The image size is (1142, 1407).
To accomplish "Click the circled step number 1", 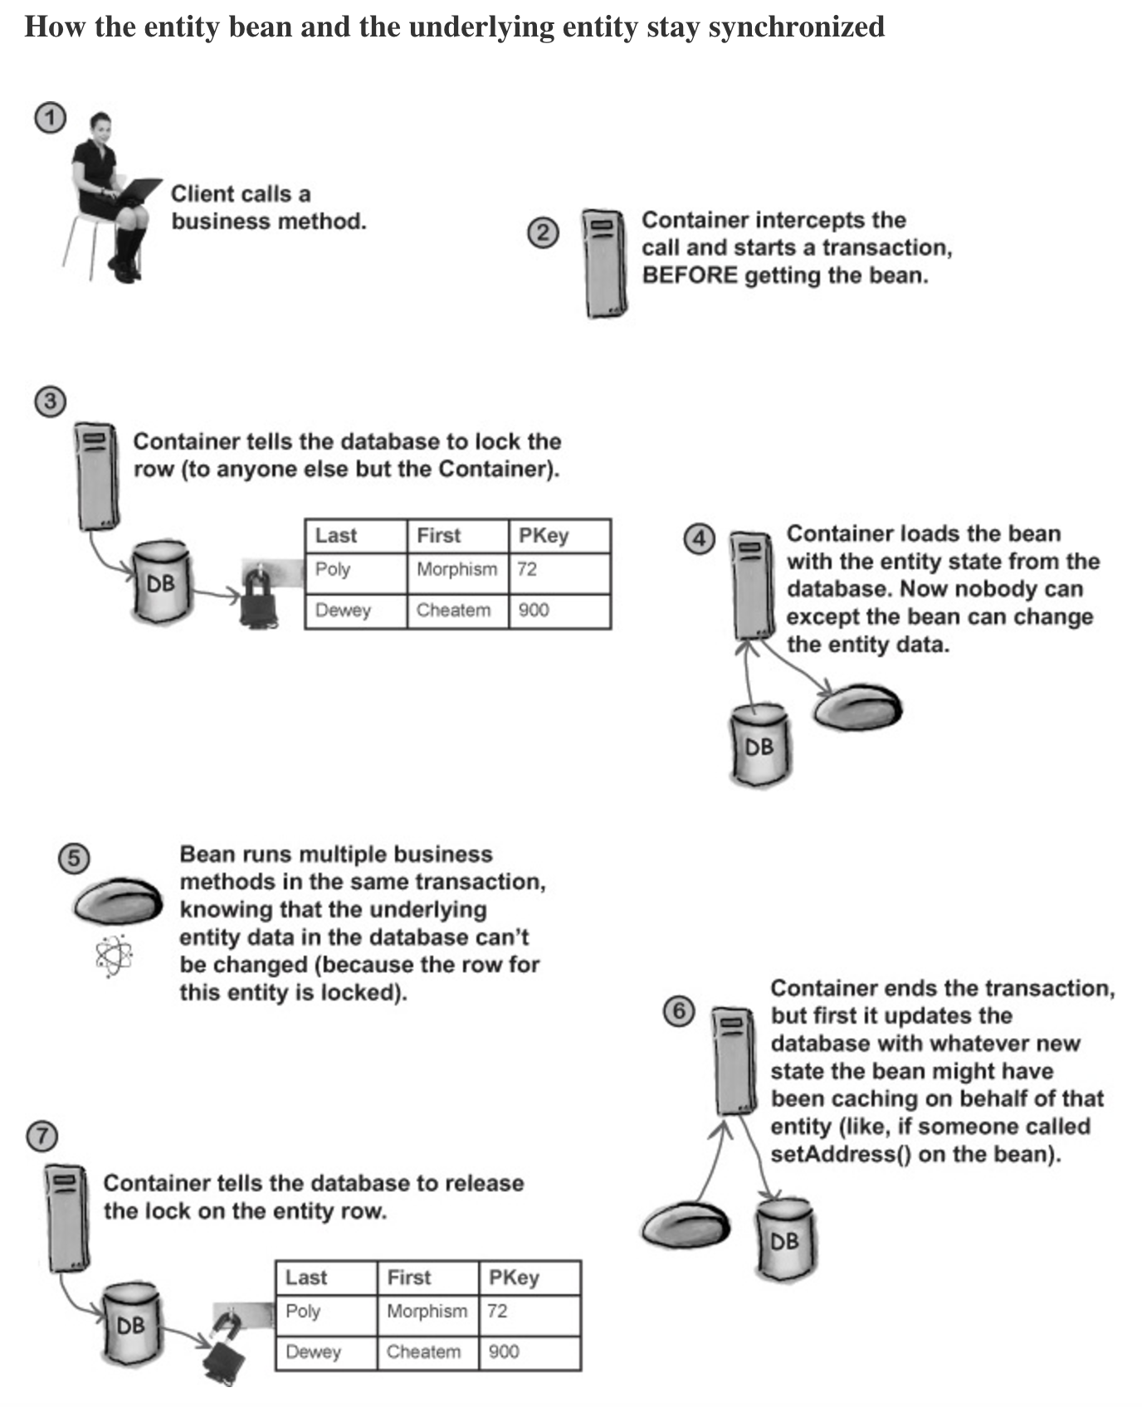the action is click(x=50, y=118).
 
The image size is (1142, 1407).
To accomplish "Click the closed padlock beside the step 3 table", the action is click(x=257, y=596).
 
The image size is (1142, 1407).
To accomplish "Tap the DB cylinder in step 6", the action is click(x=785, y=1239).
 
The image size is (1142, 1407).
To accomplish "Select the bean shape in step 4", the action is click(x=857, y=708).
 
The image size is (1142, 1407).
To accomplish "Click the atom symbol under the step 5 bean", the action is click(x=114, y=955).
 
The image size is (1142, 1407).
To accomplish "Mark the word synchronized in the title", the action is click(x=796, y=27).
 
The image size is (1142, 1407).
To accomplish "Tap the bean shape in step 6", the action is click(x=686, y=1224).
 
